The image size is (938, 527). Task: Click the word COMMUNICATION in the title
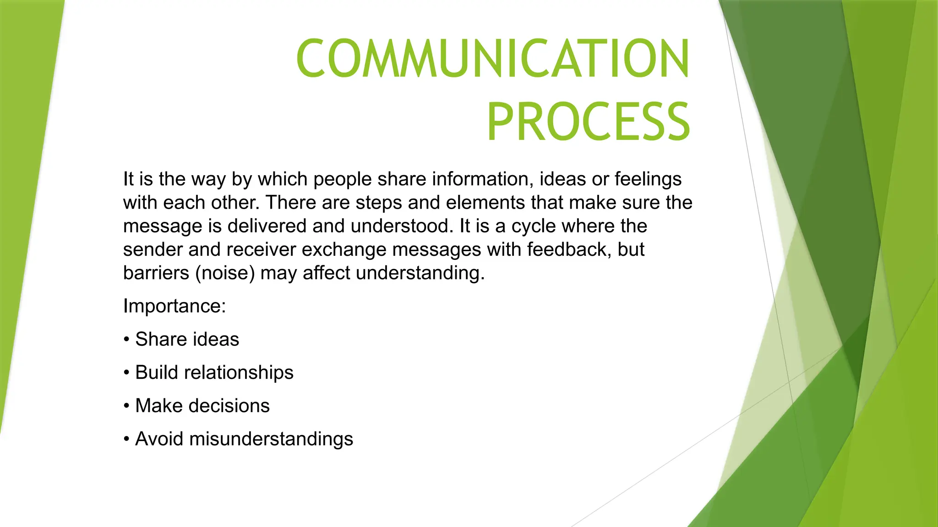tap(493, 59)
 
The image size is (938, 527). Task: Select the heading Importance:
tap(175, 306)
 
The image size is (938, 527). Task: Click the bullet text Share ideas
tap(187, 339)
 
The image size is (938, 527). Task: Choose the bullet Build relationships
tap(214, 372)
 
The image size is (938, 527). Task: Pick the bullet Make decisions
tap(202, 406)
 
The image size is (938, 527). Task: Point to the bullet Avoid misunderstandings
tap(244, 439)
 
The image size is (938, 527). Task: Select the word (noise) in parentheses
tap(225, 273)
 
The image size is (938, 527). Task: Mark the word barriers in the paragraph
tap(156, 273)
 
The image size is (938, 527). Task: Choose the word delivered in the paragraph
tap(267, 226)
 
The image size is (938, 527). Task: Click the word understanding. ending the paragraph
tap(420, 273)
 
